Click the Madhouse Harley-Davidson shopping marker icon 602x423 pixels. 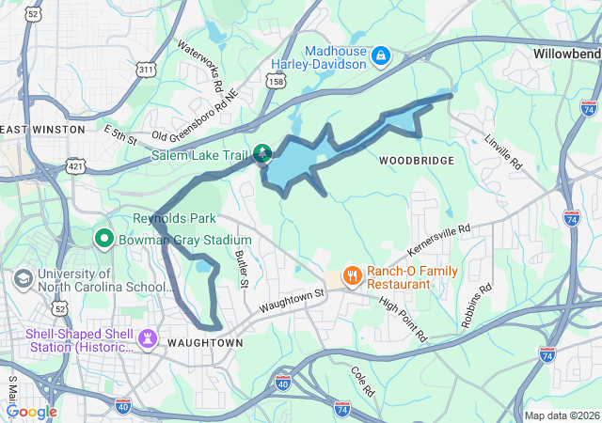(381, 56)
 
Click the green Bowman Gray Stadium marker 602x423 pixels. (104, 240)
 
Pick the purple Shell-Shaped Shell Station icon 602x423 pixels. (148, 338)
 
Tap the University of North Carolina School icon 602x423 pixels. (22, 279)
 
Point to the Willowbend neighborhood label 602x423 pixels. (566, 54)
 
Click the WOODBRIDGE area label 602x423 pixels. (417, 161)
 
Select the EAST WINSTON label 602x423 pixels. (43, 129)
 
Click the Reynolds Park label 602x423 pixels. (168, 218)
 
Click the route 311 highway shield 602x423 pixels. (145, 70)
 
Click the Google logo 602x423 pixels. (30, 411)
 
